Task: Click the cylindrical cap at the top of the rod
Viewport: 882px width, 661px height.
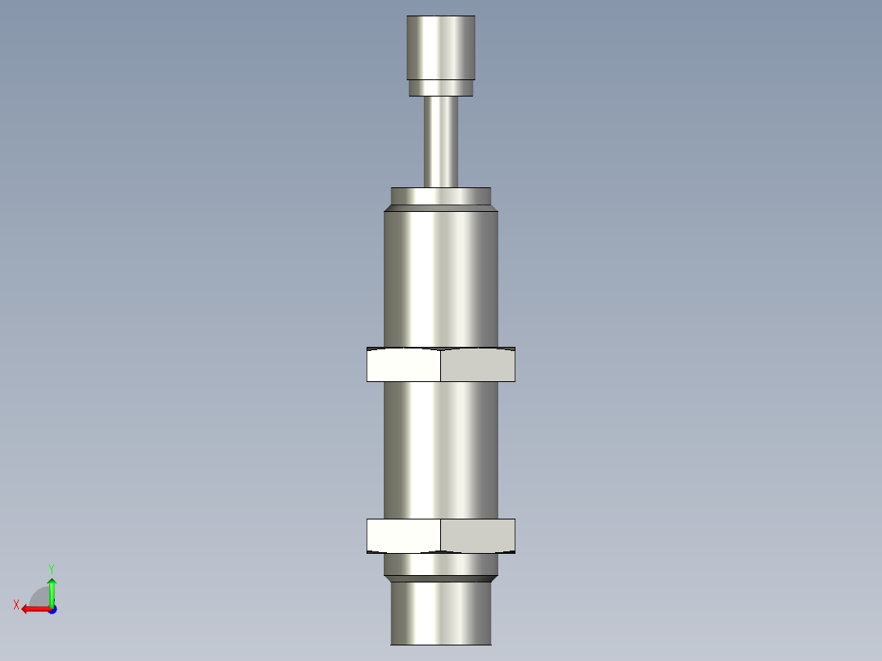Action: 441,47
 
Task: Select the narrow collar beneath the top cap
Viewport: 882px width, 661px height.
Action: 441,87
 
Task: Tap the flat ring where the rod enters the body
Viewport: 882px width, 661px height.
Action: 441,196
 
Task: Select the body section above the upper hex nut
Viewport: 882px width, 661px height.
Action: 441,278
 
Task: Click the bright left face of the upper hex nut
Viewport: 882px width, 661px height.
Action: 403,365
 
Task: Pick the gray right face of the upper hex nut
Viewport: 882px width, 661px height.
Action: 478,365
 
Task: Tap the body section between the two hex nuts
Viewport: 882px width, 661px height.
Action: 441,450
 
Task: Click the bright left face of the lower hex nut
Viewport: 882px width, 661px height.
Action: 403,536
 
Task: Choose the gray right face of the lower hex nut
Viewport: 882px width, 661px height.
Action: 478,536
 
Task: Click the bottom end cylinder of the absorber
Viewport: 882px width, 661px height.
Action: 441,614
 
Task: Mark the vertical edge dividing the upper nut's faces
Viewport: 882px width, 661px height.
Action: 440,365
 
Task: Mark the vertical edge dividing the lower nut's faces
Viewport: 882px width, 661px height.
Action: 440,536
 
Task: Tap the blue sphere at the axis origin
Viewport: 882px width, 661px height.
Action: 52,609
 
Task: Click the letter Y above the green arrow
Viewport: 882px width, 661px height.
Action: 51,568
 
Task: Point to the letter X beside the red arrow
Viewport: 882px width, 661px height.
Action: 16,605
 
